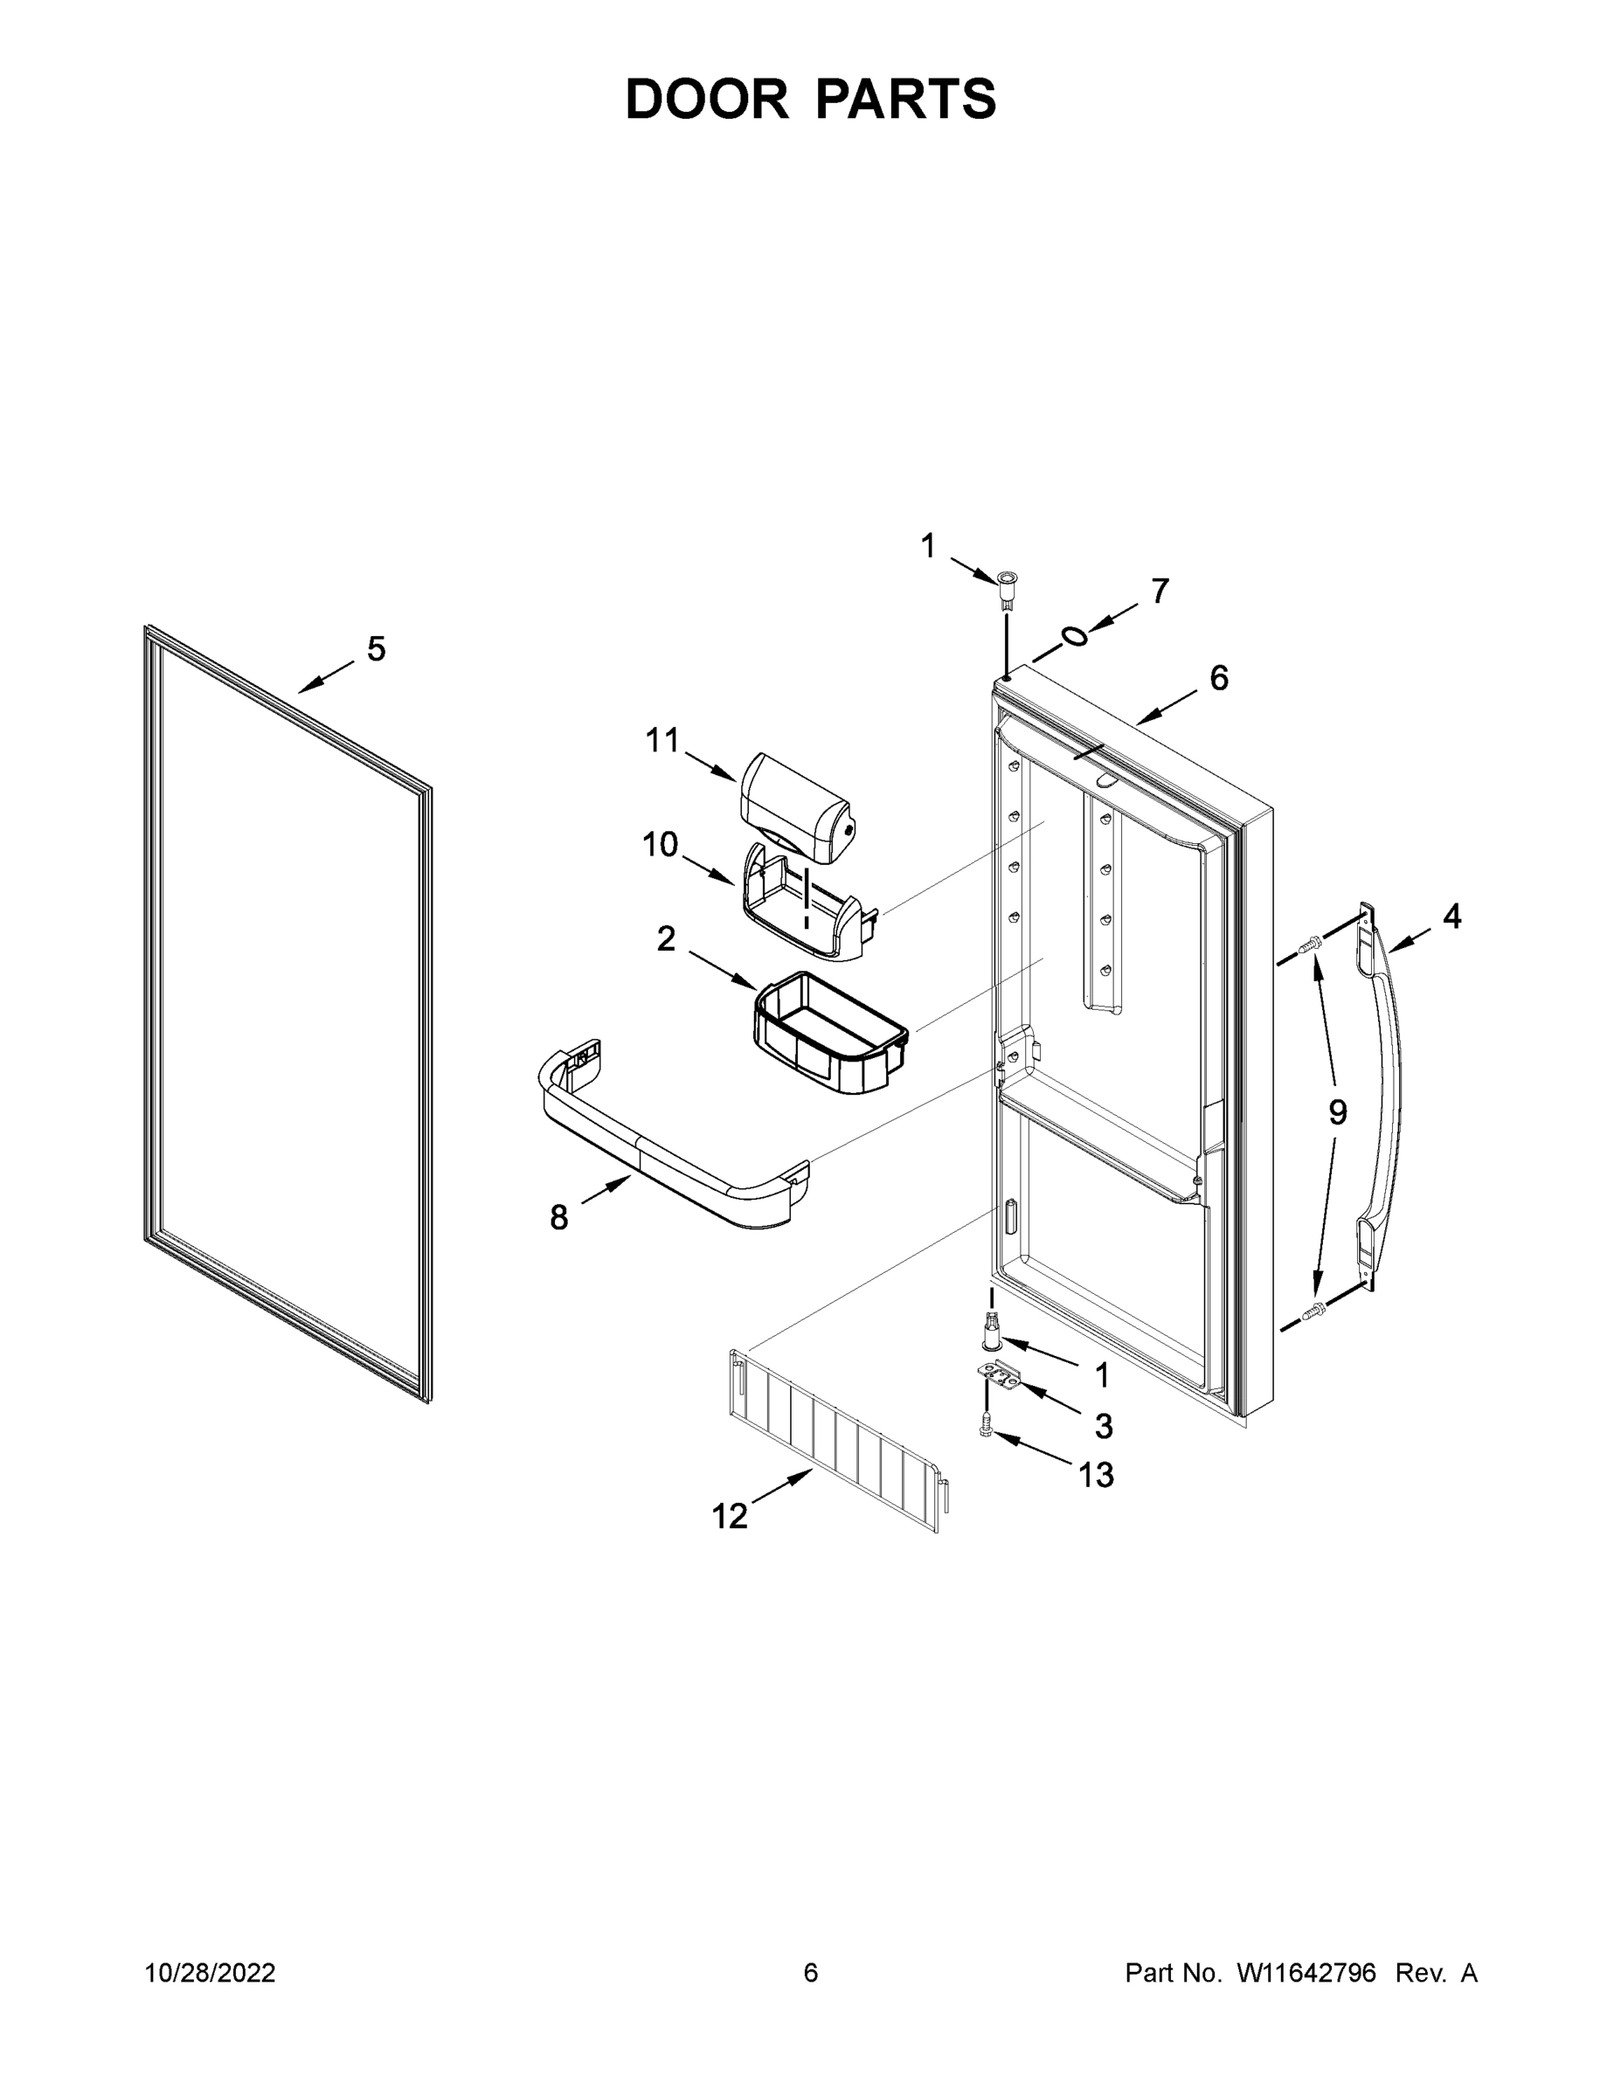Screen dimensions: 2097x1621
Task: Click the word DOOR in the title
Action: point(707,99)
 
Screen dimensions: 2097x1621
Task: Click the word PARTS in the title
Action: point(907,99)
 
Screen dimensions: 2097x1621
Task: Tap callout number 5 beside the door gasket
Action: point(377,649)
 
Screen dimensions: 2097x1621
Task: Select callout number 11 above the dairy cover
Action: point(662,740)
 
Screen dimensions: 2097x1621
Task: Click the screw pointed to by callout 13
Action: point(983,1452)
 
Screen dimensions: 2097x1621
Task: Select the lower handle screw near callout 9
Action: point(1310,1310)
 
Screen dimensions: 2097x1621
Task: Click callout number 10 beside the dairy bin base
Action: point(660,845)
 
